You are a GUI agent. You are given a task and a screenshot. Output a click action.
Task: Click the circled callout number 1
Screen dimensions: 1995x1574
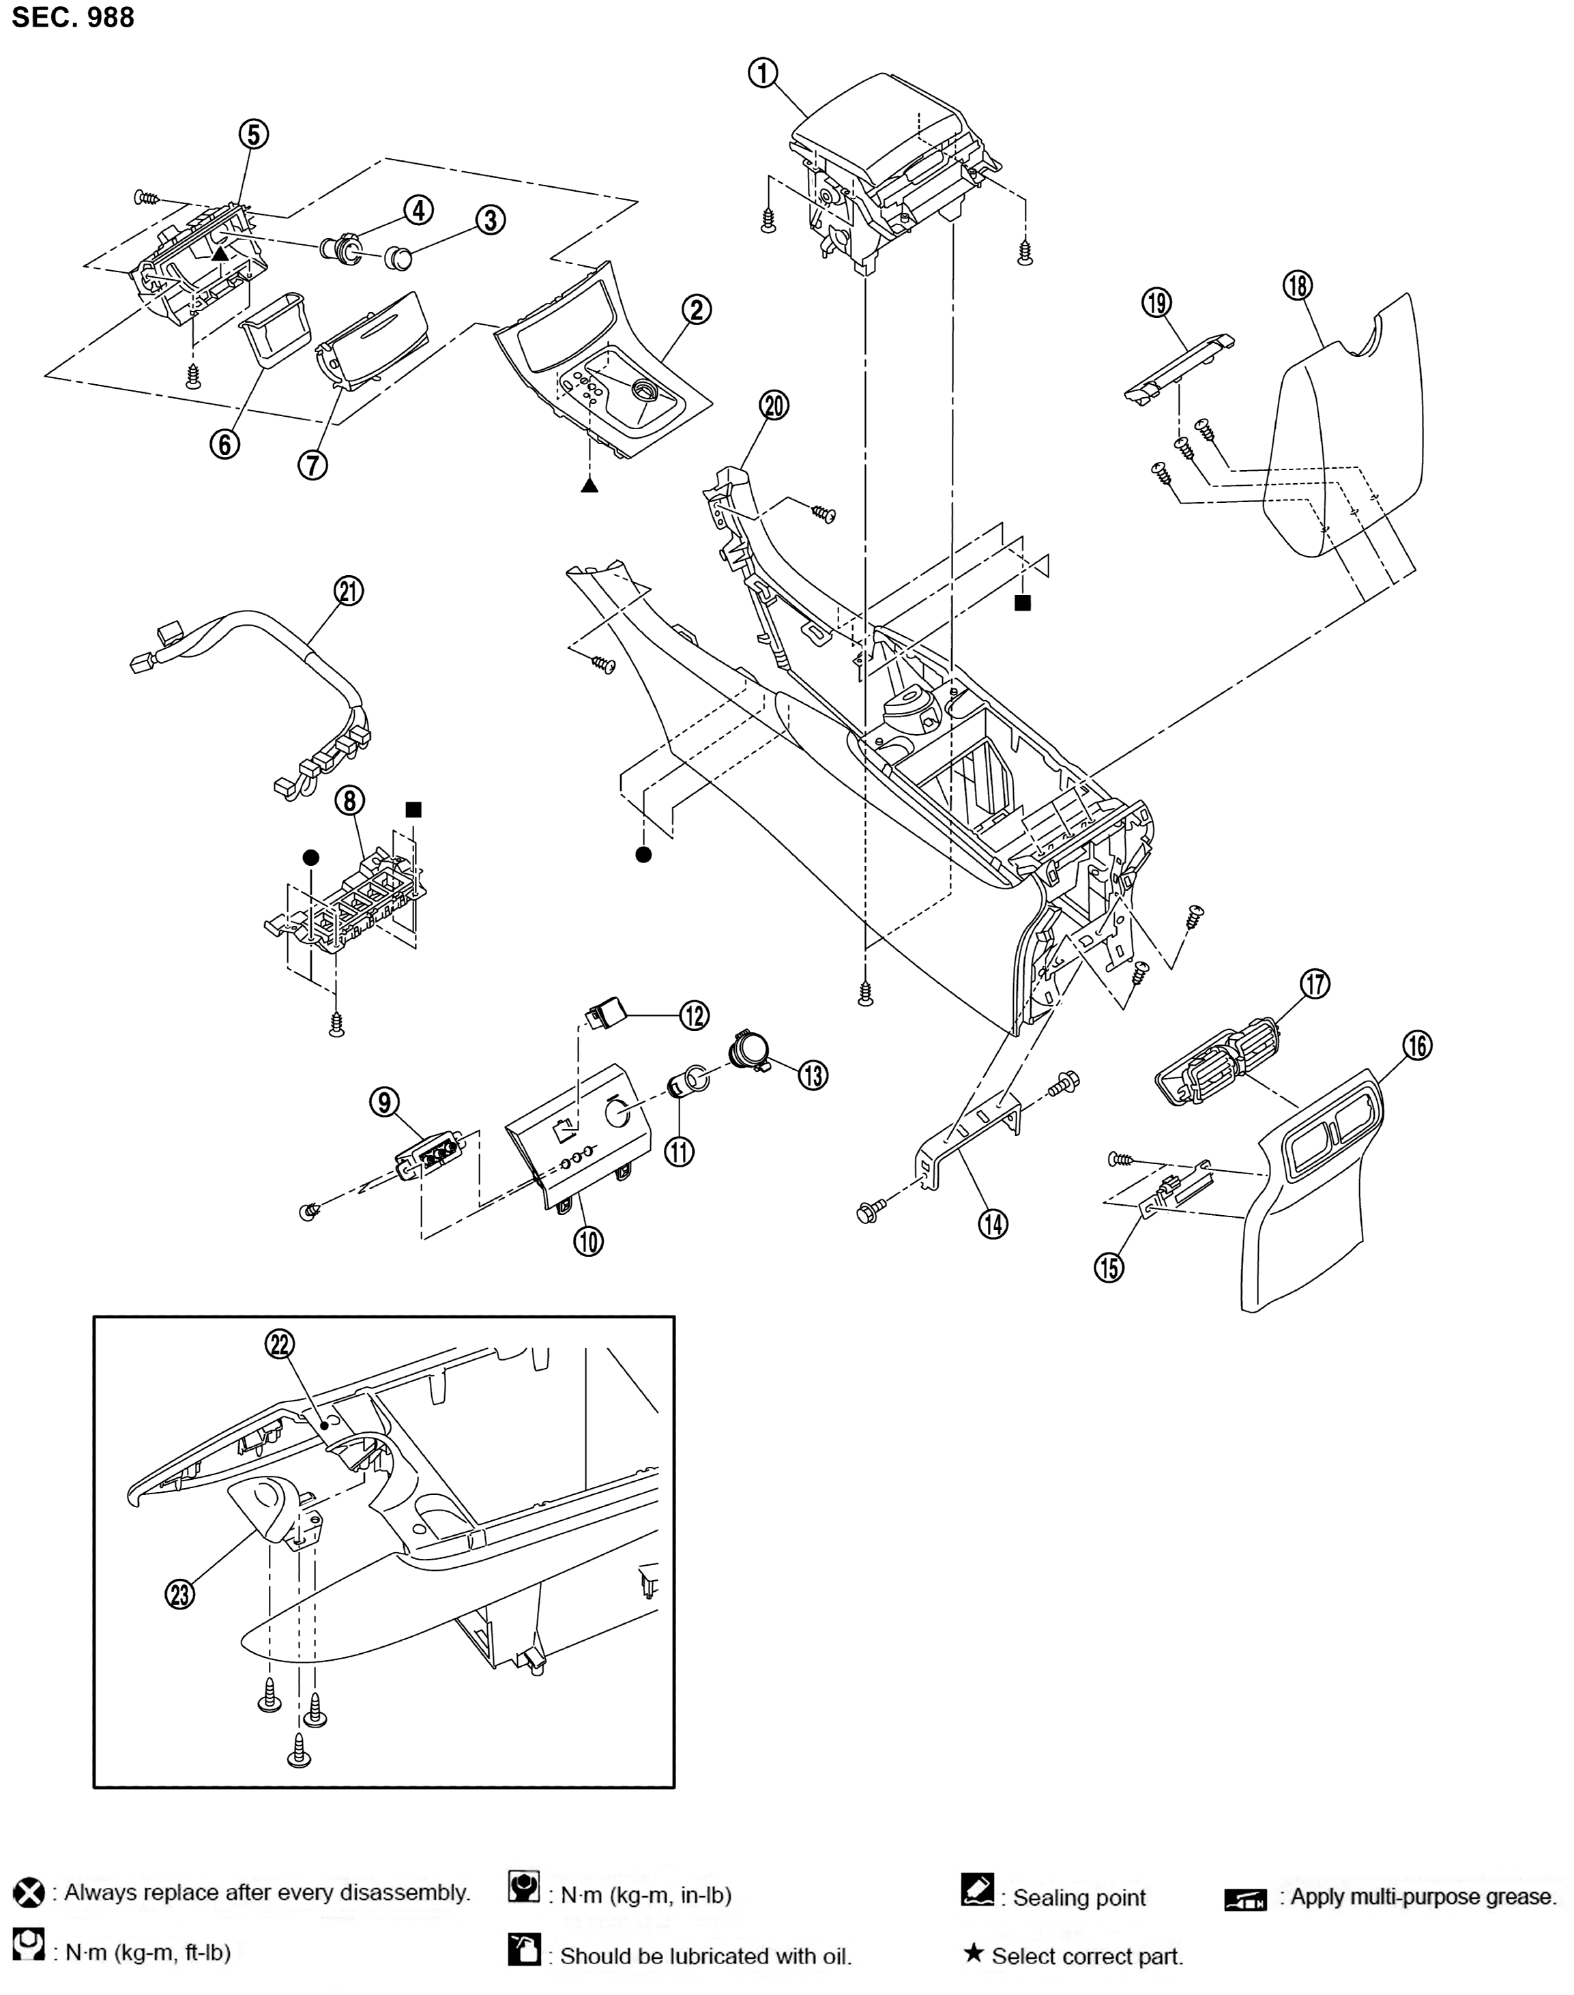pyautogui.click(x=762, y=73)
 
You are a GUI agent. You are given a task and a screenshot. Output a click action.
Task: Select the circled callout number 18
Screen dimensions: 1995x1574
pyautogui.click(x=1298, y=286)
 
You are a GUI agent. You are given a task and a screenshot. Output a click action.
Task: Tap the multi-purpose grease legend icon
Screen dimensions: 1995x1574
pyautogui.click(x=1245, y=1899)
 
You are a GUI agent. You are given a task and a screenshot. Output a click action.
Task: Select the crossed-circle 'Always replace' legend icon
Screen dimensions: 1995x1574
pyautogui.click(x=29, y=1893)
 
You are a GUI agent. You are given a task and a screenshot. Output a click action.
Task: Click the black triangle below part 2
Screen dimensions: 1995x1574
pyautogui.click(x=589, y=484)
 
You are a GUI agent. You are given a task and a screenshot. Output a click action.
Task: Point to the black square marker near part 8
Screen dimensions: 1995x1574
pyautogui.click(x=413, y=809)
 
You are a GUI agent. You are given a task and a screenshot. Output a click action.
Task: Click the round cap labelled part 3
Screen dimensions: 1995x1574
pyautogui.click(x=398, y=257)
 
